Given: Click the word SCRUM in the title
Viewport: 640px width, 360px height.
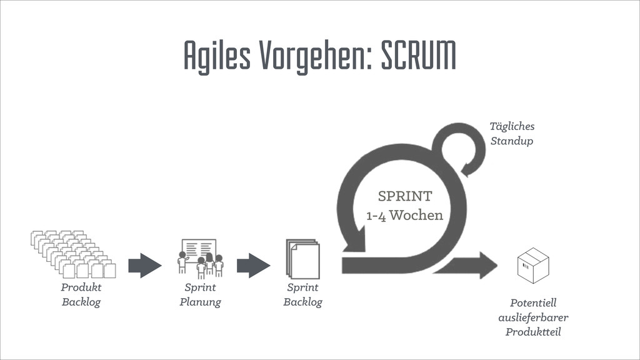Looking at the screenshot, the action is [x=419, y=57].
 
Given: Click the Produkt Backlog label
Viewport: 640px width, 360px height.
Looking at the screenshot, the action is [x=81, y=295].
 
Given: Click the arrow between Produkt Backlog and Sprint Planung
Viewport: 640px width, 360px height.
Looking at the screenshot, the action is [x=144, y=265].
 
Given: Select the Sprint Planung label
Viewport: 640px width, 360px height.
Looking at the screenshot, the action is [x=200, y=295].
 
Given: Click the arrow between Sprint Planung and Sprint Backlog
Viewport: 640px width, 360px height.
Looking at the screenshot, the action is [x=253, y=265].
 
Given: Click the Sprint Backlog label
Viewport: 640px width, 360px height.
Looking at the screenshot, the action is [x=302, y=295].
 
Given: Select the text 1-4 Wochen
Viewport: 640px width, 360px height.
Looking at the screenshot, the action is [x=404, y=216].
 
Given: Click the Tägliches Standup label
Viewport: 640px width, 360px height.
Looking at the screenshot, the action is [x=512, y=134].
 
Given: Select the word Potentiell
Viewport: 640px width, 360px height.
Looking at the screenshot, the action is [x=533, y=303].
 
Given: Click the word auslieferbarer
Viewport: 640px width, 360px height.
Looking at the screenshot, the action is [x=533, y=317].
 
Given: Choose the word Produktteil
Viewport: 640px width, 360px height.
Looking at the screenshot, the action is [x=533, y=332].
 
